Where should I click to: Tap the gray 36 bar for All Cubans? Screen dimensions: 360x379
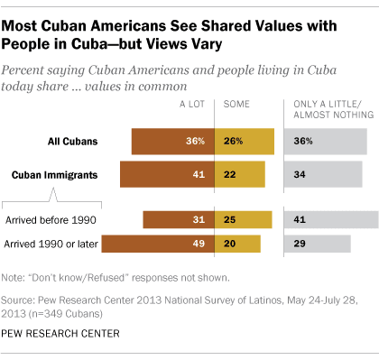325,141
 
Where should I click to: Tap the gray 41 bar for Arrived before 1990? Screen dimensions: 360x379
330,219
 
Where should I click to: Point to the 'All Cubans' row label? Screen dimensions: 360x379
74,141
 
